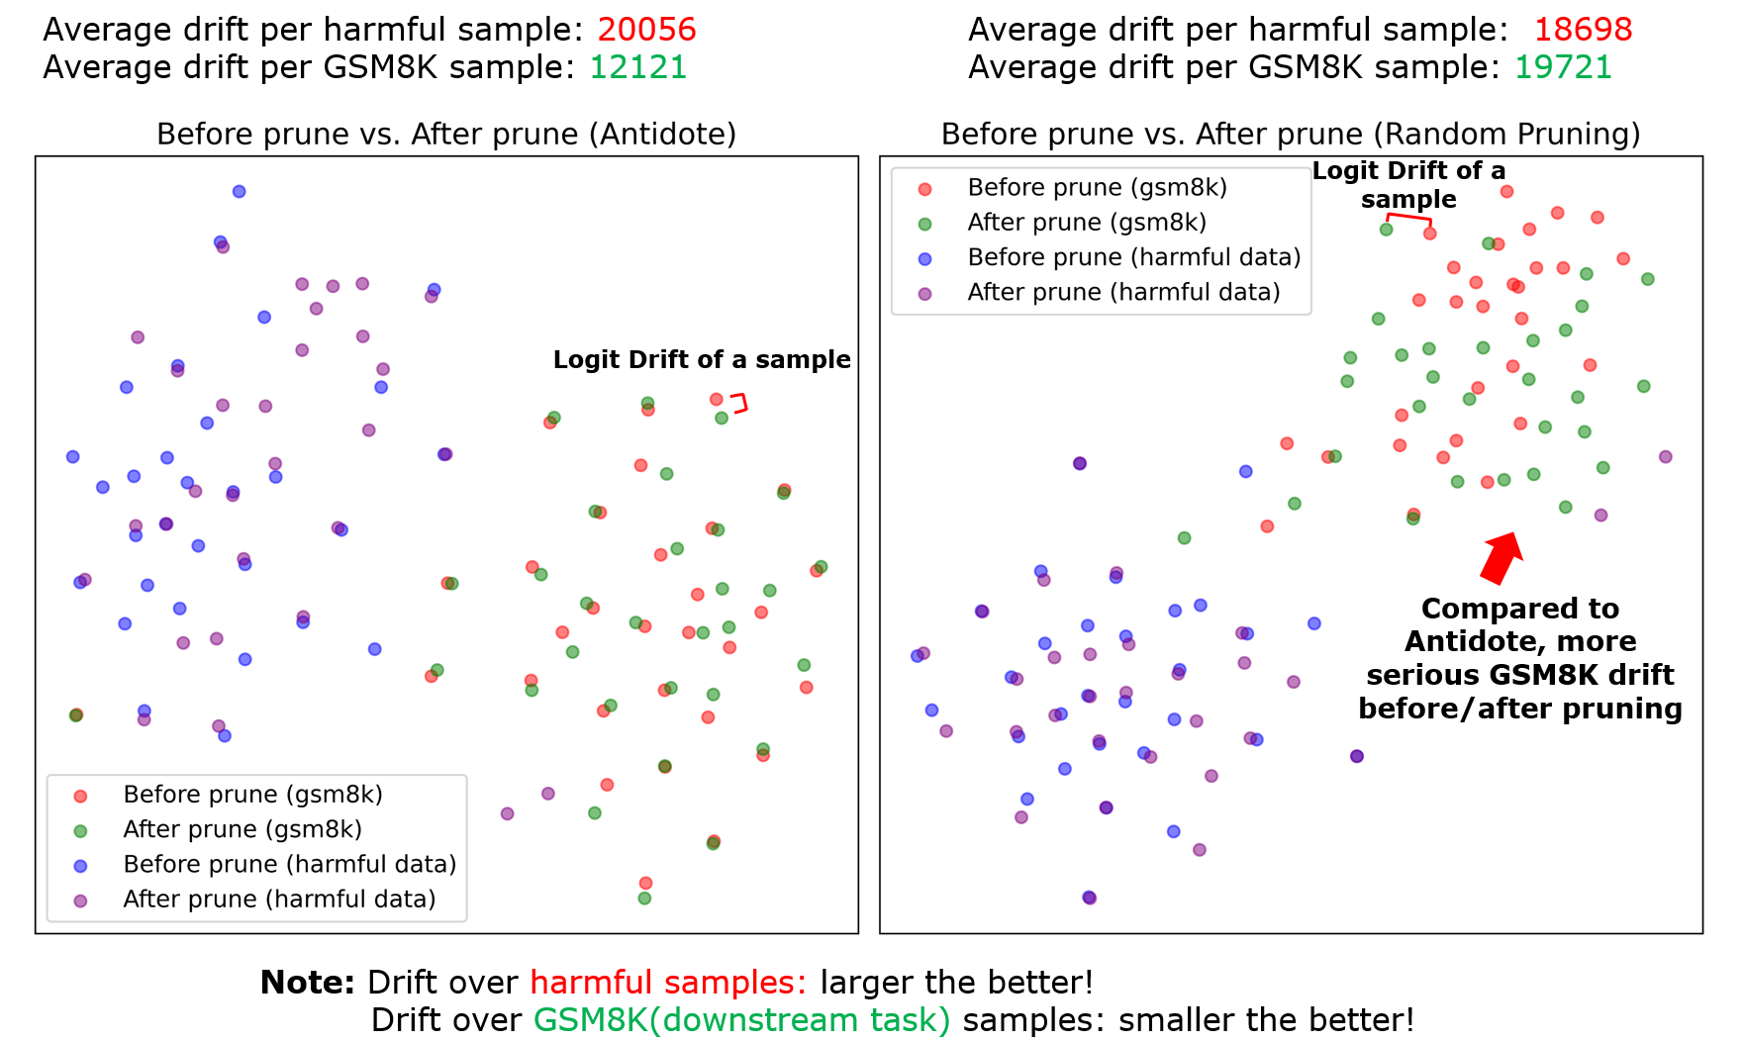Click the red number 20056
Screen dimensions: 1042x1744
(x=646, y=30)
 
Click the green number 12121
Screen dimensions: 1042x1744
(x=637, y=67)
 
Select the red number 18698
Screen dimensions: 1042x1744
(x=1583, y=30)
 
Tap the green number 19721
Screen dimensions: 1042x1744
(x=1563, y=67)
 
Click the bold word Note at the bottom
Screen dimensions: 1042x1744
(x=307, y=983)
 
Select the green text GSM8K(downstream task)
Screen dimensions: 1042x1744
(x=742, y=1020)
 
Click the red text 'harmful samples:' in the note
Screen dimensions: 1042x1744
(x=668, y=983)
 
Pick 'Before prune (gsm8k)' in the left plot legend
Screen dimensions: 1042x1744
(x=252, y=795)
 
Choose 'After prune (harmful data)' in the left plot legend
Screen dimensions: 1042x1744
(x=279, y=899)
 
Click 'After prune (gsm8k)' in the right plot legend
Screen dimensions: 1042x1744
(x=1087, y=223)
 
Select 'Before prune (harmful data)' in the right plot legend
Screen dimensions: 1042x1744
(x=1133, y=257)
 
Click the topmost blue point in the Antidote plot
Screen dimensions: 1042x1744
(x=239, y=191)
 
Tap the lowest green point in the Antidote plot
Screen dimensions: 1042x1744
(x=644, y=899)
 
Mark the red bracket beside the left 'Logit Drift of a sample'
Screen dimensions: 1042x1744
(x=740, y=403)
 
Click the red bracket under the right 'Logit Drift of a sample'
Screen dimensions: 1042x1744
(x=1408, y=219)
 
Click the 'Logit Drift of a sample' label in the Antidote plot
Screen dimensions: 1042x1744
(x=702, y=359)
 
